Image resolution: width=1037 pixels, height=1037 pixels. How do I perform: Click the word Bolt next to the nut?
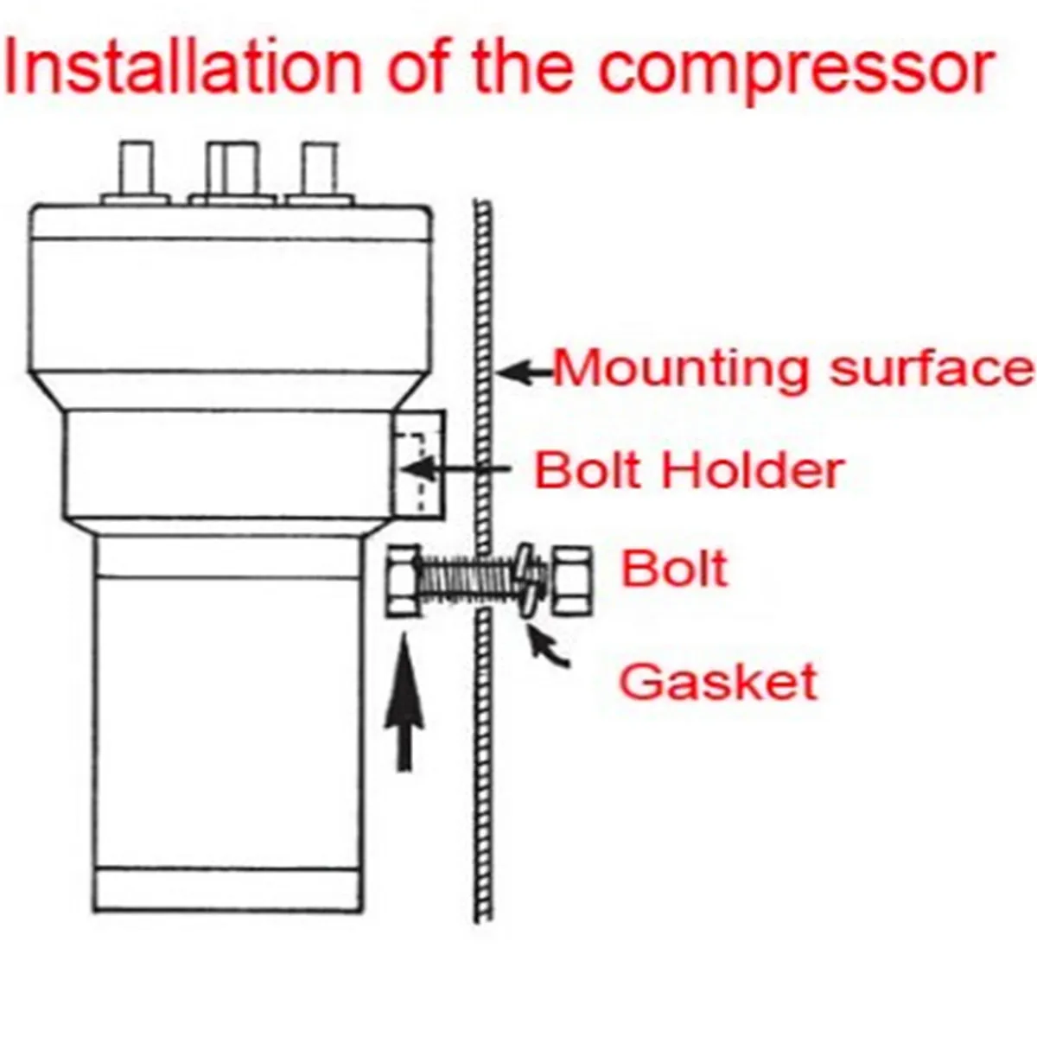point(675,570)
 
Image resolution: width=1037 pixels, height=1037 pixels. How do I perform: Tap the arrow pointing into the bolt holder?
point(458,470)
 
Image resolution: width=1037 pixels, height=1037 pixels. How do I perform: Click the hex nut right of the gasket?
point(571,579)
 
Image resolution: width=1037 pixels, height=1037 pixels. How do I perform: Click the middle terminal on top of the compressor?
point(232,173)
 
